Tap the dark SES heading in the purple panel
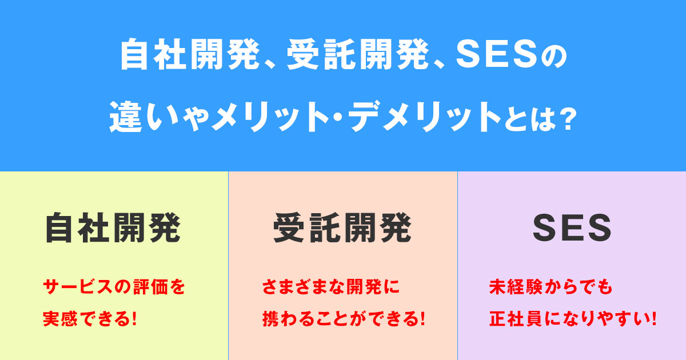572,228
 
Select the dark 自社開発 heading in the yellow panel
113,228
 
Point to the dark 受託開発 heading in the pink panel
342,228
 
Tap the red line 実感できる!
90,318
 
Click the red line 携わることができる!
343,318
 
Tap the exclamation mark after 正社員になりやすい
652,318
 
